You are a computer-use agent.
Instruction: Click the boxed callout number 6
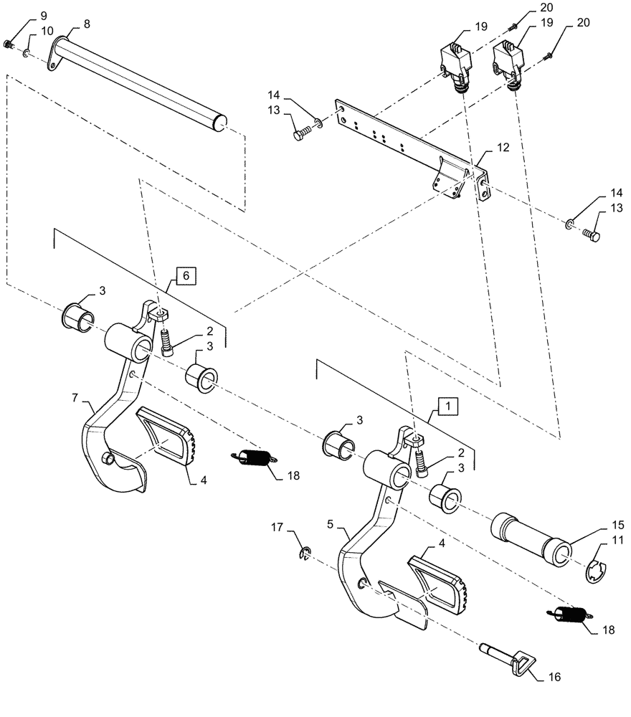point(185,275)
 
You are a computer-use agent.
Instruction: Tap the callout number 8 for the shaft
point(87,24)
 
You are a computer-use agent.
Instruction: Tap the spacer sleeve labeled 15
point(530,540)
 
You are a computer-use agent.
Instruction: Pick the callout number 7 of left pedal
point(74,397)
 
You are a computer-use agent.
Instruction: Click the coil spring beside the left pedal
point(252,457)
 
